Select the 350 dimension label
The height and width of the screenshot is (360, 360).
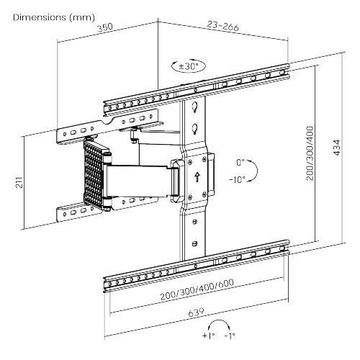(x=105, y=27)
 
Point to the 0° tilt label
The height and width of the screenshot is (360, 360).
(x=240, y=163)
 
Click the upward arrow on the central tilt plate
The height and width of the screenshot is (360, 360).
(x=196, y=173)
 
